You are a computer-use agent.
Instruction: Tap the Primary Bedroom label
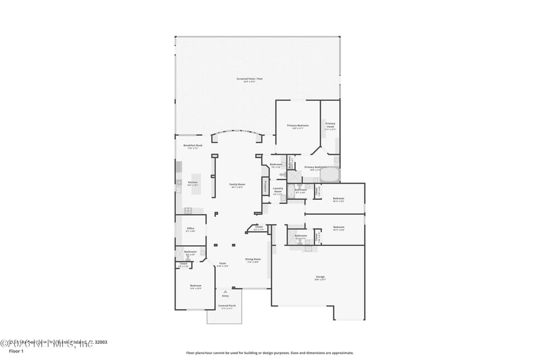[x=298, y=126]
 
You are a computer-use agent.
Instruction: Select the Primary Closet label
[x=330, y=125]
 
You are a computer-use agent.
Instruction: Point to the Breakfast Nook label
[x=193, y=146]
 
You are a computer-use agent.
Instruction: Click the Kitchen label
[x=192, y=183]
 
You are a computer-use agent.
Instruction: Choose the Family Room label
[x=237, y=185]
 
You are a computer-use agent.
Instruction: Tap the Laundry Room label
[x=277, y=190]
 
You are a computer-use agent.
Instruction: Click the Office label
[x=190, y=229]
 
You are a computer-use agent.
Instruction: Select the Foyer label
[x=222, y=264]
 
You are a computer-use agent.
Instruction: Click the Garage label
[x=321, y=278]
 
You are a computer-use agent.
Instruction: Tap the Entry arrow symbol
[x=225, y=291]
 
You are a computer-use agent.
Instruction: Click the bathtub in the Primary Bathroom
[x=329, y=176]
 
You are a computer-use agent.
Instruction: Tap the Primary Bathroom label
[x=315, y=168]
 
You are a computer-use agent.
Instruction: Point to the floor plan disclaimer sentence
[x=269, y=352]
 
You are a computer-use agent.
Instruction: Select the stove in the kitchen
[x=188, y=211]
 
